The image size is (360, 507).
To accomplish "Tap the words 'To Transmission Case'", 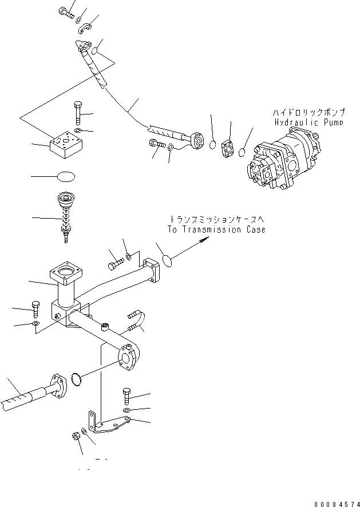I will click(x=216, y=229).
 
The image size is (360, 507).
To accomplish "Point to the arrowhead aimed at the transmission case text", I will click(x=201, y=243).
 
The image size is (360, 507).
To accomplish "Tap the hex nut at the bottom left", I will click(x=76, y=435).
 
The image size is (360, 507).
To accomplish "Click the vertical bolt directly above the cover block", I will click(x=77, y=113).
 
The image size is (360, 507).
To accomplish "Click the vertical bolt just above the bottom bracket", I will click(x=126, y=396).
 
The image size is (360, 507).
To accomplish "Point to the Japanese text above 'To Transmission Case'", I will click(x=217, y=219).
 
